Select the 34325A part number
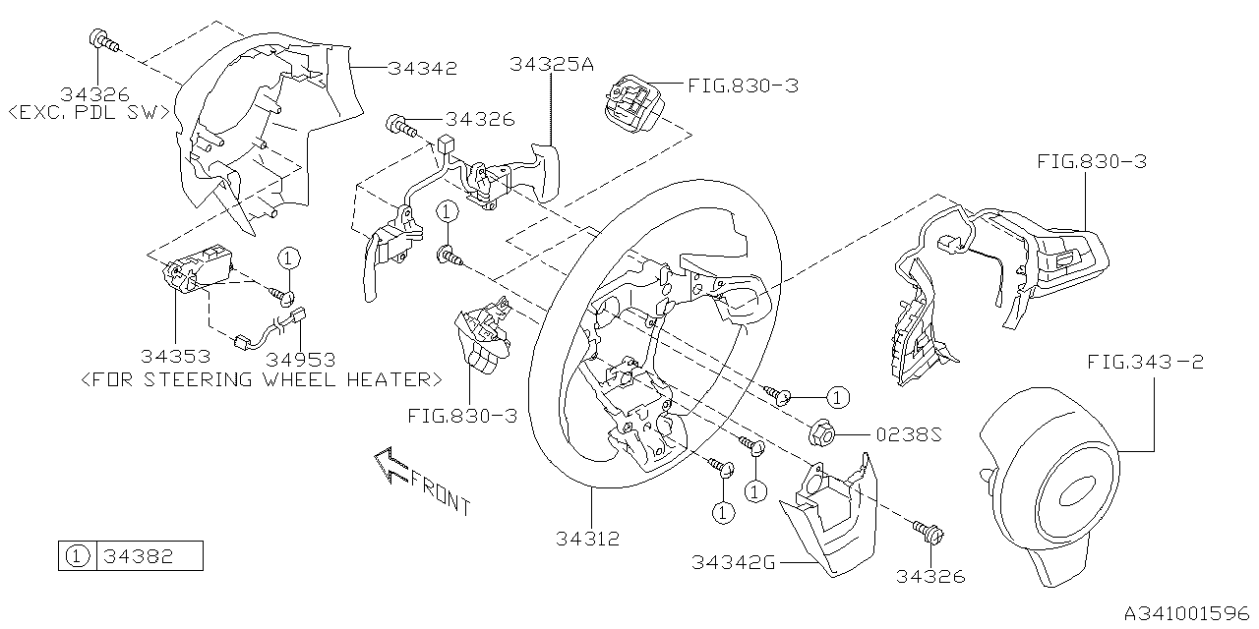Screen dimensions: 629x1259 click(552, 65)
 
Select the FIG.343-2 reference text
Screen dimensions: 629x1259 click(1145, 363)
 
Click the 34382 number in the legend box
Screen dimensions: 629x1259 click(141, 556)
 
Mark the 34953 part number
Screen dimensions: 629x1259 click(301, 359)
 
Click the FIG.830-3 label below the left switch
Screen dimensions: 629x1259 click(460, 416)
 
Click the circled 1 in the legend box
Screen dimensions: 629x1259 click(76, 556)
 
